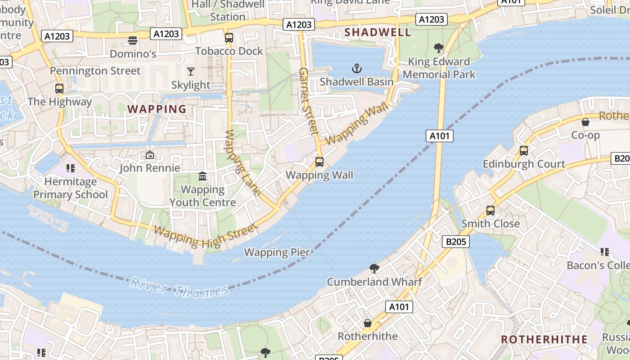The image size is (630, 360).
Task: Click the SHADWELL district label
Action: pos(378,32)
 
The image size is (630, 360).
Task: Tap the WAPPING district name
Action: pos(157,109)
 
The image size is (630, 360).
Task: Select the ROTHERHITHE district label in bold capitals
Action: pos(544,339)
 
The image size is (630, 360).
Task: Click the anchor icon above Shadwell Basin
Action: pos(356,68)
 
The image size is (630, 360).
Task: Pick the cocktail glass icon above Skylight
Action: pos(191,72)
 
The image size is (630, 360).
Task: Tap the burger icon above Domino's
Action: pos(132,40)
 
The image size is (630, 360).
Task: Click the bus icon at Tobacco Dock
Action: pos(229,37)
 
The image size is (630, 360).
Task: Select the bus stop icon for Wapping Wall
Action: pos(319,162)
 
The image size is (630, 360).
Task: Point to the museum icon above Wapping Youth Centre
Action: pos(202,176)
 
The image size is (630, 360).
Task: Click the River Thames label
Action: pos(180,288)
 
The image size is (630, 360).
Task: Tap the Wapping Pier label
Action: pos(277,252)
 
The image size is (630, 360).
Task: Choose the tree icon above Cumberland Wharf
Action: pos(374,269)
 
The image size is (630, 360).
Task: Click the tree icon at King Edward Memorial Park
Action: pos(439,48)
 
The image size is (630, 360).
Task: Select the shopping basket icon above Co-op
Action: pos(585,121)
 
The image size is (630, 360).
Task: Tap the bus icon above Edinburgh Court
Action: pos(524,150)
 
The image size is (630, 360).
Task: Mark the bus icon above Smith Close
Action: pos(490,210)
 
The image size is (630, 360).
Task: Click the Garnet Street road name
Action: pos(308,101)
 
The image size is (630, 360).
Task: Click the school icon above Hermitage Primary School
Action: pos(70,168)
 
